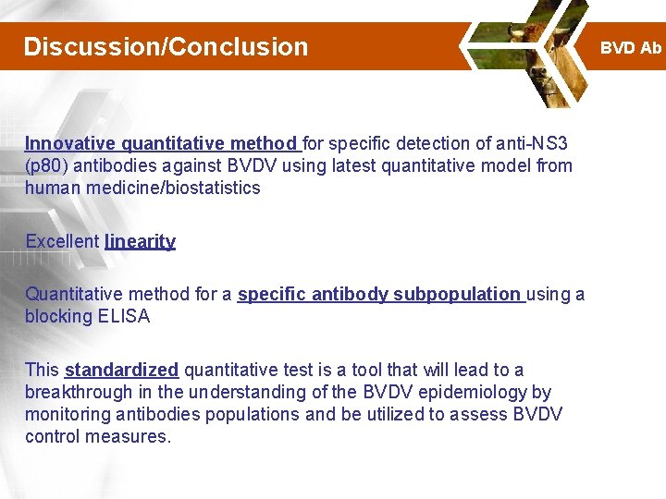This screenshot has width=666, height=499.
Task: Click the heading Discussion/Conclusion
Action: coord(166,46)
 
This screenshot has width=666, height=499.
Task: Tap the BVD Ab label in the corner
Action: coord(631,47)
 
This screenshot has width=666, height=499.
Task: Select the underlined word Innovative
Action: coord(70,143)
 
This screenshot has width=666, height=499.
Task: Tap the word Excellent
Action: coord(62,242)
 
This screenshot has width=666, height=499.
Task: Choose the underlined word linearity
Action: coord(140,242)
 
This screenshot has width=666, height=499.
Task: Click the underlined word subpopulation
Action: coord(456,295)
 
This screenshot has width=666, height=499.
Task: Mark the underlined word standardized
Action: coord(121,371)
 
